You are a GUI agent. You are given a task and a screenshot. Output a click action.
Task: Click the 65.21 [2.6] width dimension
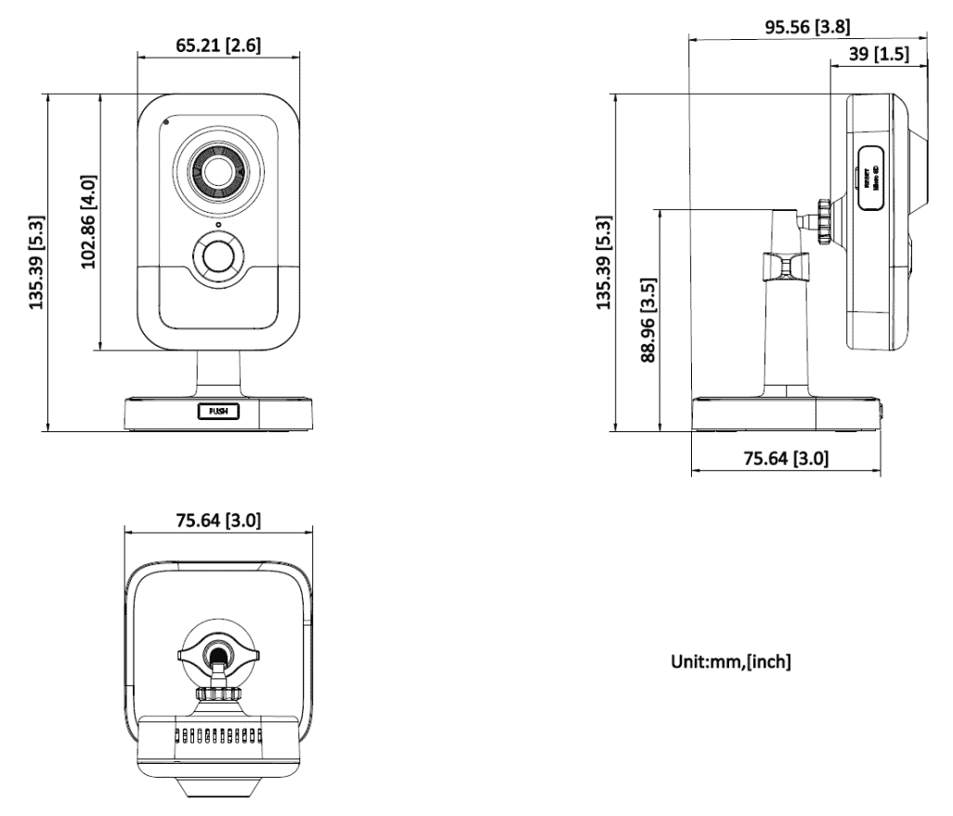click(x=219, y=44)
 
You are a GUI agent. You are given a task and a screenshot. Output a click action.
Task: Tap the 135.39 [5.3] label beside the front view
click(x=38, y=262)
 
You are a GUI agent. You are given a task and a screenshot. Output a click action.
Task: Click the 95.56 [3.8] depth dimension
click(x=807, y=26)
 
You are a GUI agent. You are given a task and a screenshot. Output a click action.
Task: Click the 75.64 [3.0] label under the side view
click(x=785, y=458)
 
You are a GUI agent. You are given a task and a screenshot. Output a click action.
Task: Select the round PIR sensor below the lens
click(x=217, y=255)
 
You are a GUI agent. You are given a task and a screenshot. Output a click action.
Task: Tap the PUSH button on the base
click(x=218, y=410)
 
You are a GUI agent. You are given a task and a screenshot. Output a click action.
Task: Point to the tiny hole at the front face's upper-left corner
click(x=167, y=121)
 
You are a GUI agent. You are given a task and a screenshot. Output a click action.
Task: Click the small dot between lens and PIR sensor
click(x=217, y=224)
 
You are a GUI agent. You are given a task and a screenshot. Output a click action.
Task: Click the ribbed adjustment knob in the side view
click(x=822, y=221)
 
